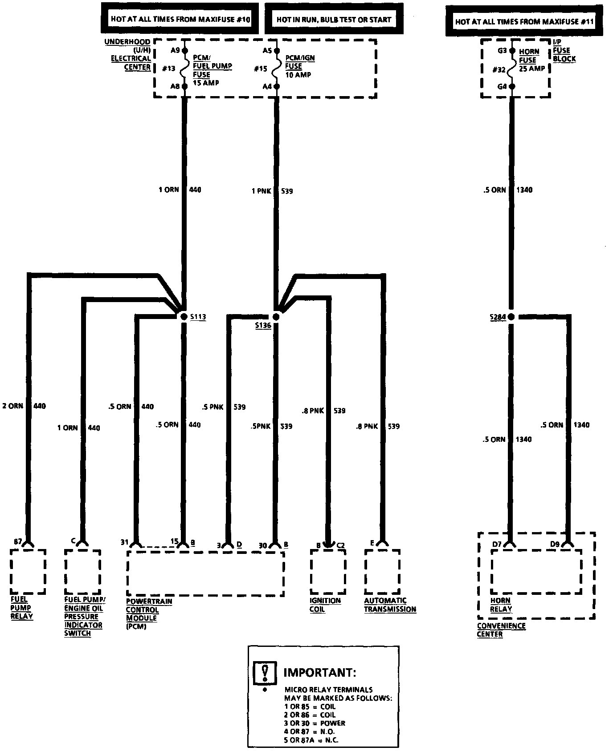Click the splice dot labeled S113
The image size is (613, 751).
[184, 317]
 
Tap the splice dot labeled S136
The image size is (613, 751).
[276, 317]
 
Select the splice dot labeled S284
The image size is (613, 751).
[511, 317]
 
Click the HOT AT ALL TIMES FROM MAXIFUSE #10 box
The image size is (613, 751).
[180, 19]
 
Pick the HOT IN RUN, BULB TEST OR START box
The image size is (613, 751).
[334, 19]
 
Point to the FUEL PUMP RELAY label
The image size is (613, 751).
[21, 607]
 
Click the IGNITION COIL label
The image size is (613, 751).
[325, 605]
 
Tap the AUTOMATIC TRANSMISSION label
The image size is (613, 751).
[390, 605]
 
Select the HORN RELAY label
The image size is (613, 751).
[501, 605]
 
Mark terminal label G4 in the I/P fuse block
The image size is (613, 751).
[502, 86]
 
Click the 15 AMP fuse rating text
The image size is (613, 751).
[206, 83]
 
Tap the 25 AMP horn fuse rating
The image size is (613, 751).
[532, 69]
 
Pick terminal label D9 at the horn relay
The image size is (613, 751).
[555, 544]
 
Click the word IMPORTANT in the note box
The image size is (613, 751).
[320, 672]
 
